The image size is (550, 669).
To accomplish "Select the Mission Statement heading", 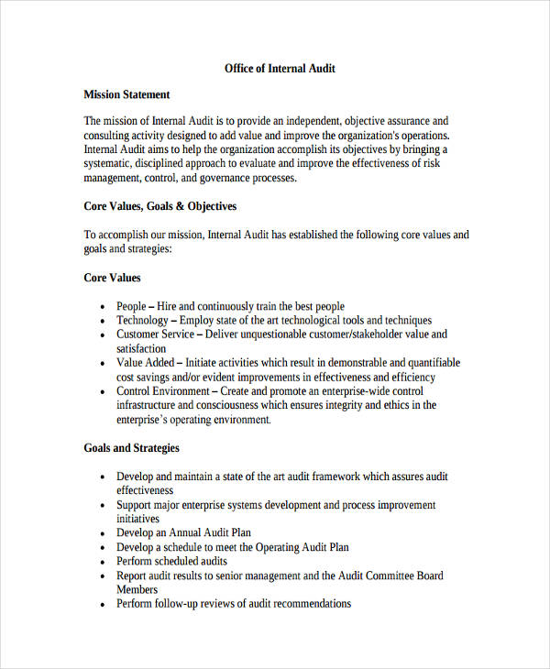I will pos(126,94).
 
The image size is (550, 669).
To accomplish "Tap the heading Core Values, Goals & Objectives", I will pos(160,206).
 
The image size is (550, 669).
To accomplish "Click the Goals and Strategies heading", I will pos(131,448).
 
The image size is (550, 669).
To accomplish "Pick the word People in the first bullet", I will pos(131,306).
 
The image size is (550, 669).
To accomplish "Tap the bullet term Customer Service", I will pos(155,334).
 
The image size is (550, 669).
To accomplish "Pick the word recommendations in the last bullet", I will pos(304,604).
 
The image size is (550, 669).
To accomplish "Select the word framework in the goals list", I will pos(325,477).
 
